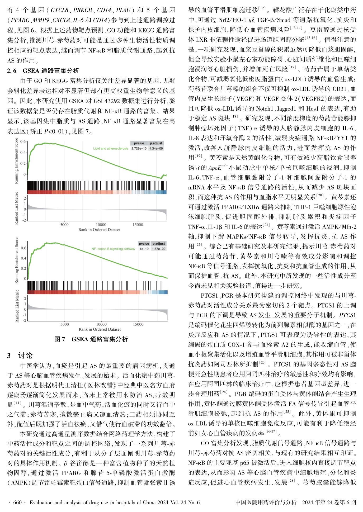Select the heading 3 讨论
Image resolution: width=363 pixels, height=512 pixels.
click(x=20, y=355)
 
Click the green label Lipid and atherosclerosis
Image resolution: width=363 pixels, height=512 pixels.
click(x=111, y=149)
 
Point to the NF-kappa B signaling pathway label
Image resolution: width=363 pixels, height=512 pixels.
click(x=113, y=249)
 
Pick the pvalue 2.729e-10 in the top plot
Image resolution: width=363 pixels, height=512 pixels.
click(x=139, y=149)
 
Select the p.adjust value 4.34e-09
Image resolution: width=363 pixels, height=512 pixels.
click(x=156, y=149)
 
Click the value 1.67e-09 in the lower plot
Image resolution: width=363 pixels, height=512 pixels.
click(x=159, y=249)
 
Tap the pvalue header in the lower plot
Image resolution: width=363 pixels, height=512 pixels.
click(x=144, y=243)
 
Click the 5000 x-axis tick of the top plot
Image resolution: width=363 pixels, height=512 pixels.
click(x=64, y=225)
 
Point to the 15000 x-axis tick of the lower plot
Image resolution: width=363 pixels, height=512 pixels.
click(x=138, y=324)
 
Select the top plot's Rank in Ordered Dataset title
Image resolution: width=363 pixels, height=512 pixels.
click(x=99, y=230)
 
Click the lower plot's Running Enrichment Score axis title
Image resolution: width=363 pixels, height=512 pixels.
click(x=17, y=260)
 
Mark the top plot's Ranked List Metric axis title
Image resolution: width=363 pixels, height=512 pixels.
click(x=16, y=208)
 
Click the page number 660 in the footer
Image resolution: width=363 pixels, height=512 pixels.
click(x=17, y=502)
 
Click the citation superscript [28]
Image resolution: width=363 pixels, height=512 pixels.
click(x=291, y=481)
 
